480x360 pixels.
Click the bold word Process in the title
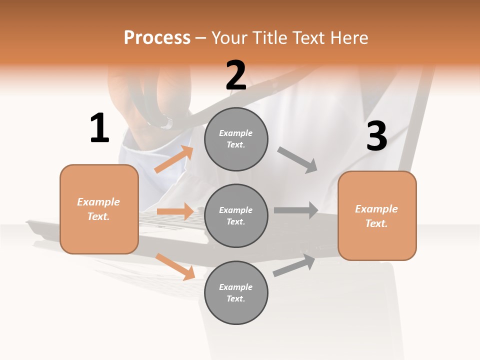(157, 37)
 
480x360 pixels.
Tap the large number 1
(99, 128)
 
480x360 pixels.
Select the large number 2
(236, 75)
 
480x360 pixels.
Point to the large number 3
(376, 136)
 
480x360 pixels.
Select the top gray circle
(236, 139)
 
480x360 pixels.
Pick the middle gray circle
(236, 215)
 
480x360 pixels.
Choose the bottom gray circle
(236, 292)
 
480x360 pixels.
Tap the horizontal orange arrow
(175, 211)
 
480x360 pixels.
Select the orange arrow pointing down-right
(175, 266)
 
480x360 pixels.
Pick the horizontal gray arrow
(296, 210)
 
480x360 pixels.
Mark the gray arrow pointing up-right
(294, 265)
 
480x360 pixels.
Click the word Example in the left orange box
(98, 202)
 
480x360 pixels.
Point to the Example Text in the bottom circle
(236, 292)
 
